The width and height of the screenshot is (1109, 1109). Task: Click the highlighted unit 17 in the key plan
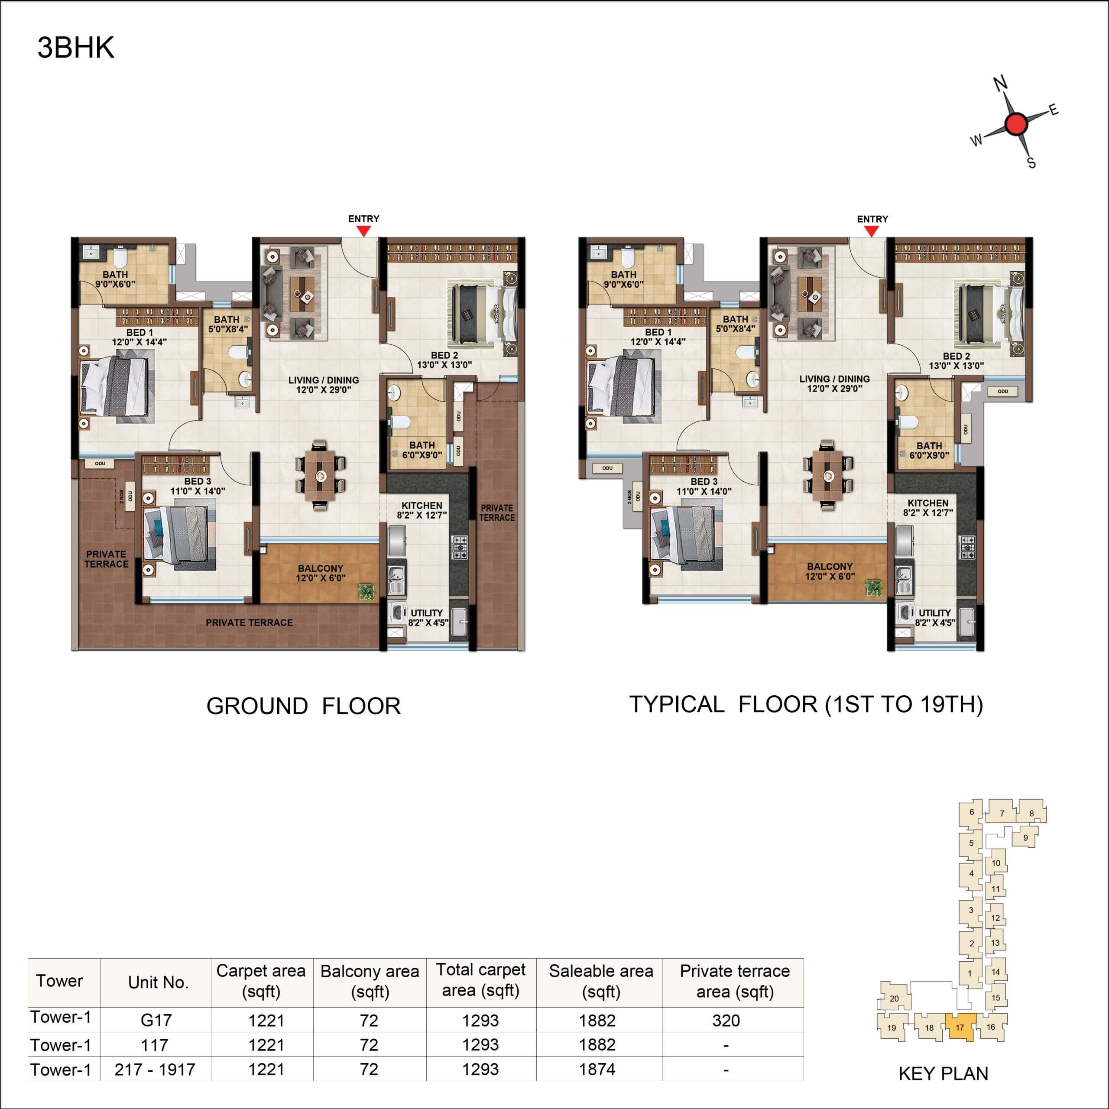[x=960, y=1028]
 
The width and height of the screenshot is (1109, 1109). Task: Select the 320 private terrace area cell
[x=726, y=1021]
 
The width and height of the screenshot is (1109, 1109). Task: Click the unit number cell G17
[x=156, y=1020]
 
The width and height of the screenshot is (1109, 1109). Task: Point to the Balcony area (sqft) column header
[x=370, y=982]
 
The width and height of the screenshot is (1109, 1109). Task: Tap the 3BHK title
[x=76, y=48]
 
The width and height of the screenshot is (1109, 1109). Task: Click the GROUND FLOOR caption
[x=304, y=706]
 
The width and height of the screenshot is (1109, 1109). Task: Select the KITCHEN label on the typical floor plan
[x=928, y=503]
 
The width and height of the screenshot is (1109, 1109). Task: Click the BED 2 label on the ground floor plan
[x=444, y=355]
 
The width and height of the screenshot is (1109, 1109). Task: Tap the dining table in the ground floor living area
[x=320, y=475]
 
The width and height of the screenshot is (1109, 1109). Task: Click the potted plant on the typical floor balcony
[x=874, y=587]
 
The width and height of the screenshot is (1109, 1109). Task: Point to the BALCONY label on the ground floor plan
[x=320, y=568]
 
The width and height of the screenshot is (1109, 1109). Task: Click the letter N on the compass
[x=1001, y=84]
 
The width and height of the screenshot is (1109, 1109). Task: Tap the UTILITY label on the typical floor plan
[x=934, y=613]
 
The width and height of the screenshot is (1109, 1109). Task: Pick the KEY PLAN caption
[x=943, y=1073]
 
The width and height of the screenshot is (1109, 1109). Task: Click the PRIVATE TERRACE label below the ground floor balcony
[x=249, y=622]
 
